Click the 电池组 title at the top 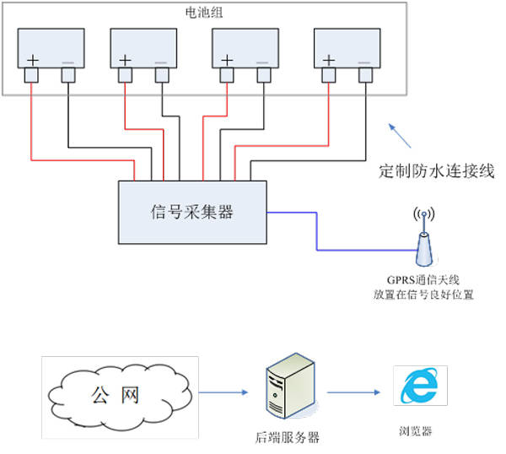point(207,13)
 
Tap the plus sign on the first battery point(33,61)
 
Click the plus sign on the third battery point(226,61)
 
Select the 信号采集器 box point(192,212)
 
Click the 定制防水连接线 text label point(436,171)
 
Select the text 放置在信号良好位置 point(423,295)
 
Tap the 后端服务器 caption point(288,437)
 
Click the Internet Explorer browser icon point(419,388)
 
